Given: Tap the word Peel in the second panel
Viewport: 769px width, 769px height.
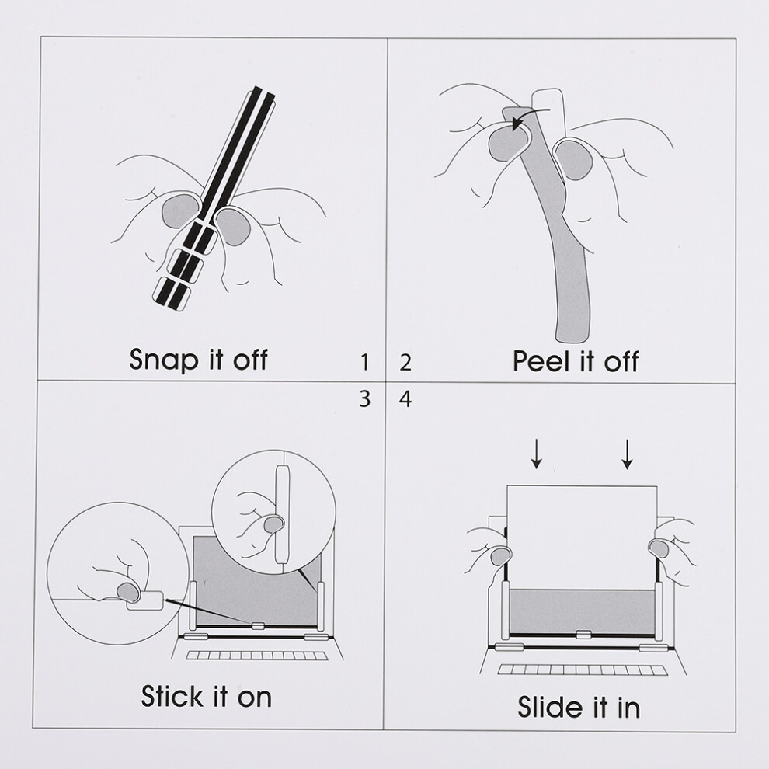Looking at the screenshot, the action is click(x=541, y=361).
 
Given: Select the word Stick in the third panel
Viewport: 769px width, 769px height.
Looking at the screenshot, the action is click(x=171, y=697).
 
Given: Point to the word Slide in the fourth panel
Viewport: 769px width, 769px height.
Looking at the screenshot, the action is click(x=547, y=708).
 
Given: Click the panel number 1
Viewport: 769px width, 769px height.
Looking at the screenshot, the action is click(x=364, y=363).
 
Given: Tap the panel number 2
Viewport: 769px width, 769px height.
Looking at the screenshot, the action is click(x=405, y=363).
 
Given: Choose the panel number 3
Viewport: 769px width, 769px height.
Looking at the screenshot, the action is click(x=364, y=398).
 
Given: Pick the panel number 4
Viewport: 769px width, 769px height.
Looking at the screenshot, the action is click(x=405, y=398).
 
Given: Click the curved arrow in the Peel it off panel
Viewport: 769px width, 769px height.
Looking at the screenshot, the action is click(x=531, y=116).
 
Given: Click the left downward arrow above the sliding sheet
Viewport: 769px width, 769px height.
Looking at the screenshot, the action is click(x=537, y=454).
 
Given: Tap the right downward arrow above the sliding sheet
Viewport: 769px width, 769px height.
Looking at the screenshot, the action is click(x=627, y=454).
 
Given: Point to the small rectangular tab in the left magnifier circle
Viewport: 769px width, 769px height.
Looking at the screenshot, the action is click(x=144, y=600).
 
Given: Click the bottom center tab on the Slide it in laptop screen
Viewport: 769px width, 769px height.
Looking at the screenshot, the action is click(x=583, y=635).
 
